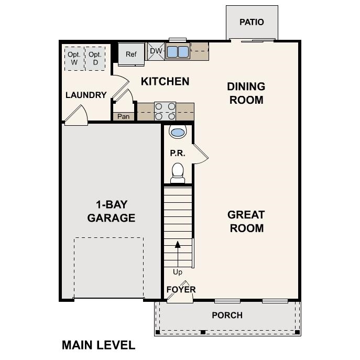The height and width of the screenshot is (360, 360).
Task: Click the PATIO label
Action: (x=252, y=22)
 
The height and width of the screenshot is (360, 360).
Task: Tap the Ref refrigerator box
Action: (x=130, y=54)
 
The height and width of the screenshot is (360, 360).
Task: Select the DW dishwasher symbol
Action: (x=156, y=51)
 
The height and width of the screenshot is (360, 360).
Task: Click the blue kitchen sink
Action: (x=178, y=52)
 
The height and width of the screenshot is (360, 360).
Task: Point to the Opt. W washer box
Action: (x=74, y=58)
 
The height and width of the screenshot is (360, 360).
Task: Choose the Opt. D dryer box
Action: (x=95, y=58)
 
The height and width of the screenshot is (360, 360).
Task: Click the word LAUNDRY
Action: (x=86, y=95)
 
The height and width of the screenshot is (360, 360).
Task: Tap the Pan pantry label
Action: (x=124, y=116)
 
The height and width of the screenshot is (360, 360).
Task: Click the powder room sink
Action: (x=178, y=132)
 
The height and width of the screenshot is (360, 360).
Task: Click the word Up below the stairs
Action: (x=178, y=272)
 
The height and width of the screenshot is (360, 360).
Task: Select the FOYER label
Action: (x=181, y=289)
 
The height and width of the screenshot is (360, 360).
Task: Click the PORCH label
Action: (x=227, y=315)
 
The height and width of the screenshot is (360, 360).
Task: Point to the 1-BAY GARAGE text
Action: (x=111, y=211)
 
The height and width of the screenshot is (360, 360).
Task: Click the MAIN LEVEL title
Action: (x=99, y=345)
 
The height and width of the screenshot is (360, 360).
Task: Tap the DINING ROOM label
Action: (x=246, y=93)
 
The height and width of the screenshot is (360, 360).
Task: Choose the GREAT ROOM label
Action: (x=246, y=221)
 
